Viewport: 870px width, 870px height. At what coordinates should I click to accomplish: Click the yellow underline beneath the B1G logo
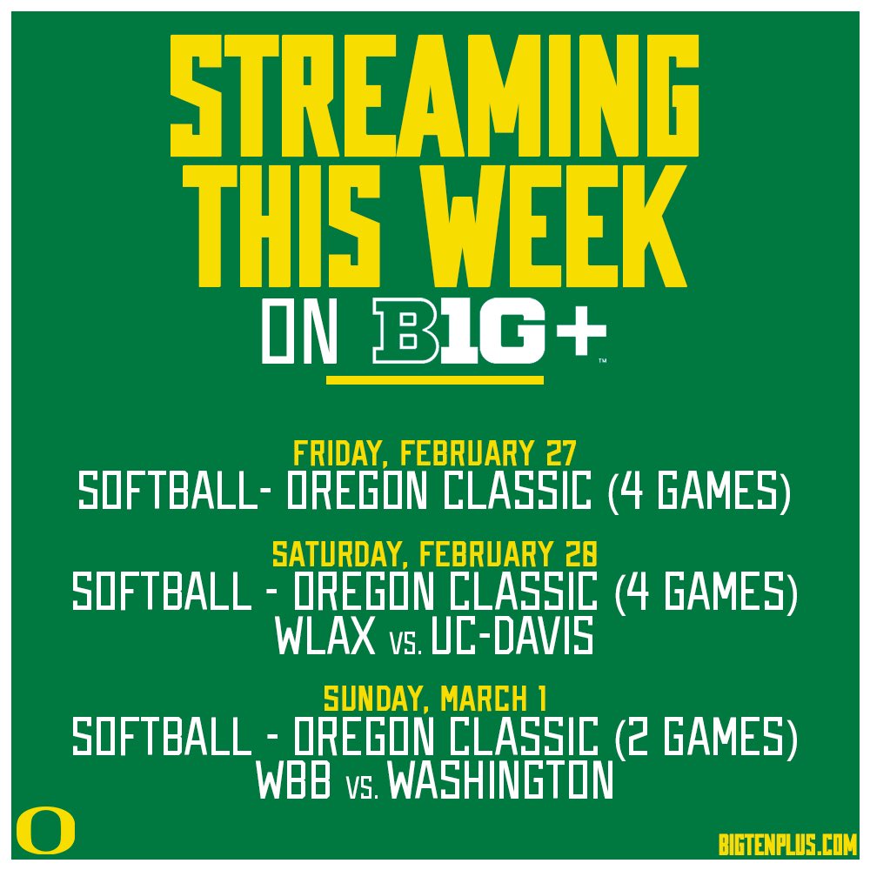click(x=435, y=379)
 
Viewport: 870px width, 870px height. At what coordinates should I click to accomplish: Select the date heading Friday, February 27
click(x=435, y=453)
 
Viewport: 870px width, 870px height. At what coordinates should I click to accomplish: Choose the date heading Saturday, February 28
click(x=435, y=553)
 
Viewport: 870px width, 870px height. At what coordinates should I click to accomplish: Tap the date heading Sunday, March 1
click(x=435, y=698)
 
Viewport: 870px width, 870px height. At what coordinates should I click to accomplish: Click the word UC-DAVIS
click(x=513, y=638)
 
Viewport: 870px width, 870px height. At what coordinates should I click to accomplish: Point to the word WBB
click(x=293, y=781)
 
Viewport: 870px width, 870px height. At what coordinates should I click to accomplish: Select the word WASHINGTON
click(x=500, y=781)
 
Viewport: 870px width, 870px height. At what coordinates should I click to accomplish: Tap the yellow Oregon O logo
click(x=45, y=830)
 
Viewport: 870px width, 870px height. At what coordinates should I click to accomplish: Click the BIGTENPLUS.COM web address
click(x=788, y=842)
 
